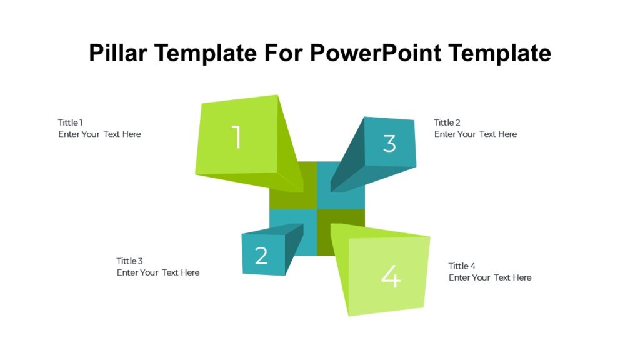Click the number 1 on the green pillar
coord(236,137)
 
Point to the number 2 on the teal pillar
coord(261,255)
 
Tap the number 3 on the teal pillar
coord(389,143)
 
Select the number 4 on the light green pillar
coord(391,277)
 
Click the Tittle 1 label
coord(71,122)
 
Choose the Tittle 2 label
coord(447,122)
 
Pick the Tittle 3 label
coord(130,261)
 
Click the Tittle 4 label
coord(462,266)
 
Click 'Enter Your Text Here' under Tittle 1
coord(100,134)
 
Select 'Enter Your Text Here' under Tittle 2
coord(476,134)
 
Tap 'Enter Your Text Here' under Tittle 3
coord(158,272)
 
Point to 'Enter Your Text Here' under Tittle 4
coord(490,277)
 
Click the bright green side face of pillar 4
coord(339,262)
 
